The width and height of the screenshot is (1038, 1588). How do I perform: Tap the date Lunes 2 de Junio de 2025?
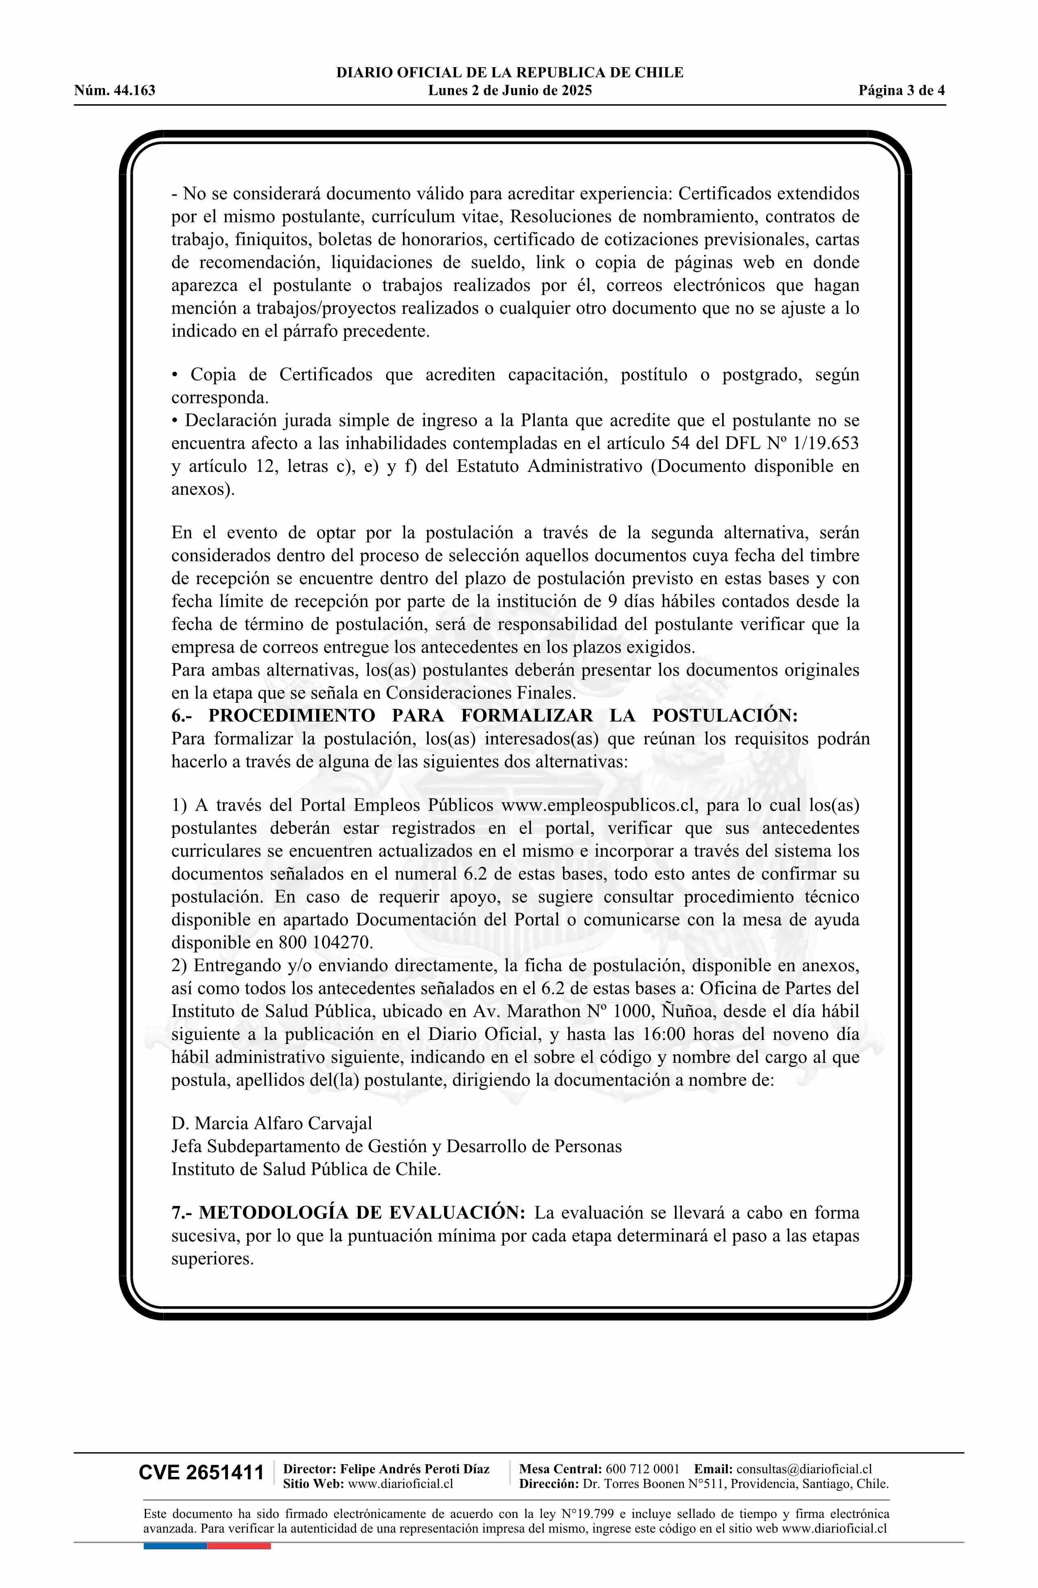(510, 91)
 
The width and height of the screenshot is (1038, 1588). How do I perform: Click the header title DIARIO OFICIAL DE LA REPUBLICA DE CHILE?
(510, 73)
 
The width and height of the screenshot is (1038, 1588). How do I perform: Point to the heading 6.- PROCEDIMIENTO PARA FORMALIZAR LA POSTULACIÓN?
(484, 715)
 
